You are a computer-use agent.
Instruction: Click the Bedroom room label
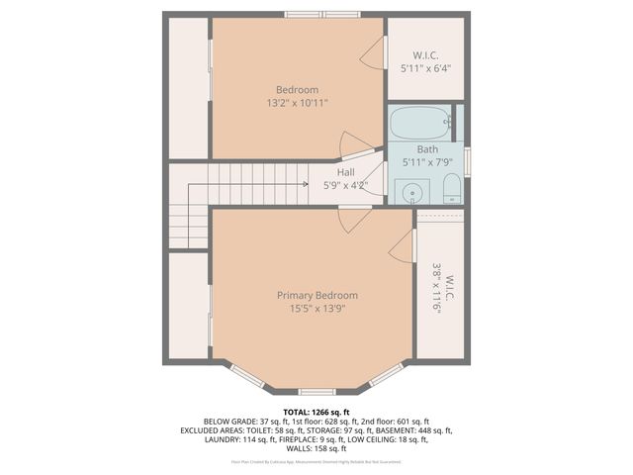[297, 90]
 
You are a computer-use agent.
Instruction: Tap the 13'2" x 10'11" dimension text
[297, 103]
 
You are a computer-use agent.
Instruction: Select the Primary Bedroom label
[316, 295]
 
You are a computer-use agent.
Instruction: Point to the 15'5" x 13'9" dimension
[316, 308]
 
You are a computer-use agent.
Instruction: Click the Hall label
[345, 171]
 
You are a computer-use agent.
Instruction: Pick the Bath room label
[426, 149]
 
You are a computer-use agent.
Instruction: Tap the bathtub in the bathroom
[420, 124]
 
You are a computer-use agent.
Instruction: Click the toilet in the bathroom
[451, 188]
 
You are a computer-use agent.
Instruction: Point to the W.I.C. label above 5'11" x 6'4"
[426, 55]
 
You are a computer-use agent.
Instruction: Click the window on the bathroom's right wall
[467, 160]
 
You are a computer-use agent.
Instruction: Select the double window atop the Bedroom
[322, 14]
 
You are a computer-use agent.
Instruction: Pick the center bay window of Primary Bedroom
[316, 392]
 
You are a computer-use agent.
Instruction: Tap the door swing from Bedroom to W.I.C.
[374, 56]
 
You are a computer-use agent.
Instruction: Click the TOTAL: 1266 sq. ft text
[316, 412]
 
